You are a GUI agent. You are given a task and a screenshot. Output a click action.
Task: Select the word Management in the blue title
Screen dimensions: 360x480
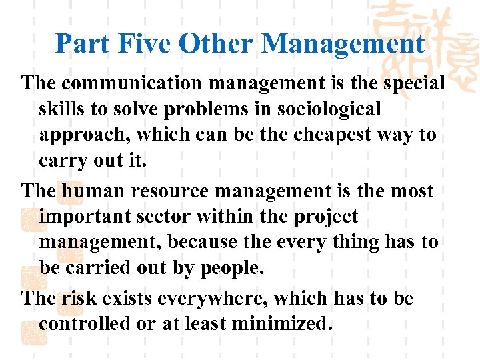tap(343, 44)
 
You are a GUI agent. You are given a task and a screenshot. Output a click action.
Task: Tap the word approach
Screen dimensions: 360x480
tap(84, 135)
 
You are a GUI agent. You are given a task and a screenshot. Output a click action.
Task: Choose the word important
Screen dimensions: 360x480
tap(87, 217)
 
